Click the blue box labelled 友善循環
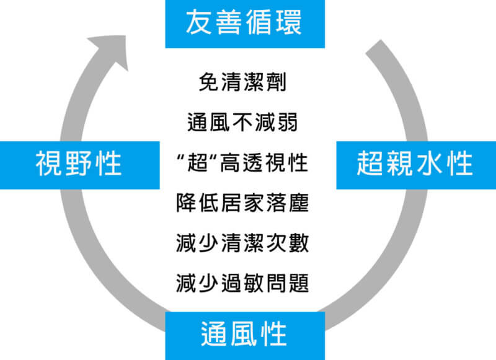[244, 24]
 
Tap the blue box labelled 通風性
[244, 335]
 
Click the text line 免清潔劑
[242, 83]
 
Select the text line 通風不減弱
[242, 123]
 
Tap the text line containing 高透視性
[242, 164]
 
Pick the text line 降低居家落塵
[242, 203]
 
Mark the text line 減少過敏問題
[242, 283]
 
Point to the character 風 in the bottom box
[244, 335]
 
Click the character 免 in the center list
[209, 83]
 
